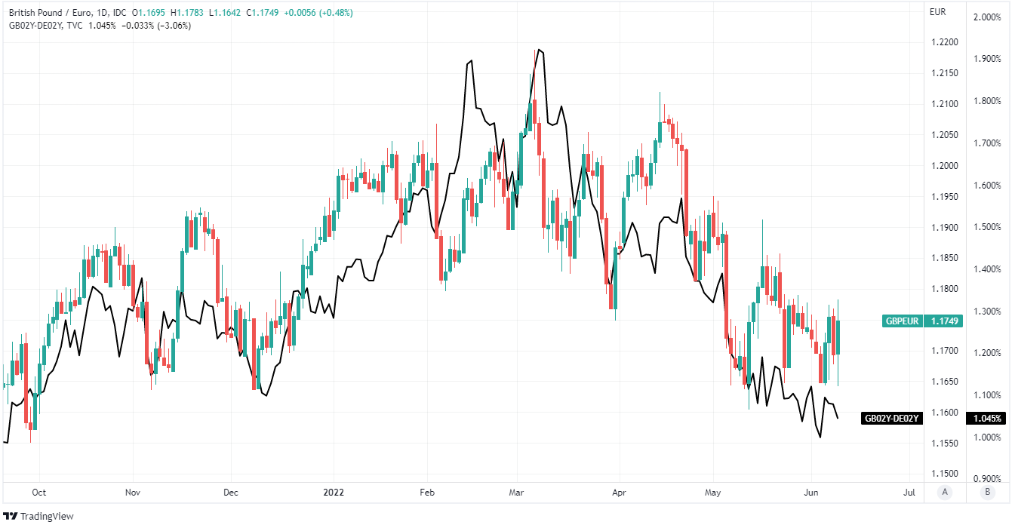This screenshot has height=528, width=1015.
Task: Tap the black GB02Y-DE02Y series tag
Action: pyautogui.click(x=892, y=419)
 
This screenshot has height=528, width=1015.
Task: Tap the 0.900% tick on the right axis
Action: pyautogui.click(x=987, y=478)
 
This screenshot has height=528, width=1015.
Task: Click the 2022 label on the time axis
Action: pyautogui.click(x=334, y=493)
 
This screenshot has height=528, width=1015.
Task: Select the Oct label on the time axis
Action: pyautogui.click(x=38, y=493)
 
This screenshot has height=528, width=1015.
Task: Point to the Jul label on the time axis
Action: pyautogui.click(x=909, y=493)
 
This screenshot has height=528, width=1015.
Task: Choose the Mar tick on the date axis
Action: pyautogui.click(x=516, y=493)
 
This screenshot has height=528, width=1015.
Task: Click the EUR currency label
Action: pyautogui.click(x=937, y=12)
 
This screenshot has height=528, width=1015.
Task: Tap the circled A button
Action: pyautogui.click(x=943, y=493)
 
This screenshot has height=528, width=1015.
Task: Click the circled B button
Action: pyautogui.click(x=986, y=493)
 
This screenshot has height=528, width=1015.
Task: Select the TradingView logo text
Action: pyautogui.click(x=42, y=517)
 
